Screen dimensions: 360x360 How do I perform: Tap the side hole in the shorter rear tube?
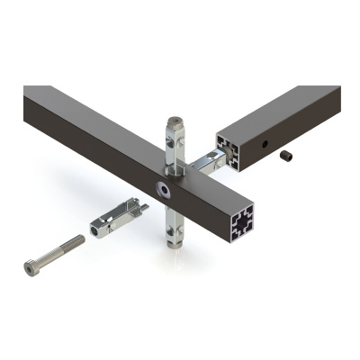pyautogui.click(x=265, y=144)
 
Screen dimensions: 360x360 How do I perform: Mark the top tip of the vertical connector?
pyautogui.click(x=175, y=119)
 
